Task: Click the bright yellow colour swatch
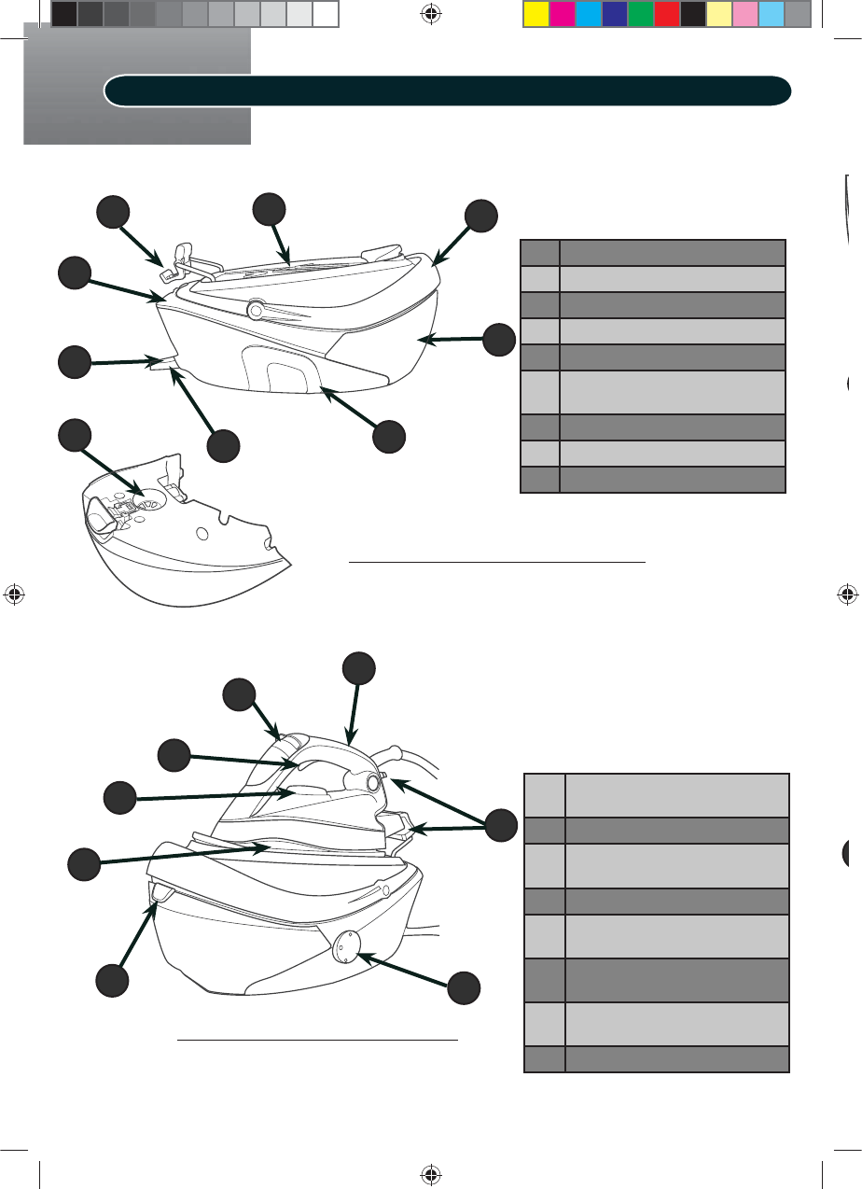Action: tap(535, 14)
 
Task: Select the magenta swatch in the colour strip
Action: tap(562, 14)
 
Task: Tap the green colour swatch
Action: tap(640, 14)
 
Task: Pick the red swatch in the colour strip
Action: tap(666, 14)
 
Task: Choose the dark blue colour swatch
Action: tap(614, 14)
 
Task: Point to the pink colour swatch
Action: tap(744, 14)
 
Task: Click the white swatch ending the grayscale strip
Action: tap(325, 14)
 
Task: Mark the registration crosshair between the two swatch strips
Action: tap(430, 14)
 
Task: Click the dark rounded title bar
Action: tap(448, 91)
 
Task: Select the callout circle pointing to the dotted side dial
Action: tap(464, 988)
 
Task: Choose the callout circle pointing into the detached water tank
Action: tap(75, 436)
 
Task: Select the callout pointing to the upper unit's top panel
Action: tap(270, 209)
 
